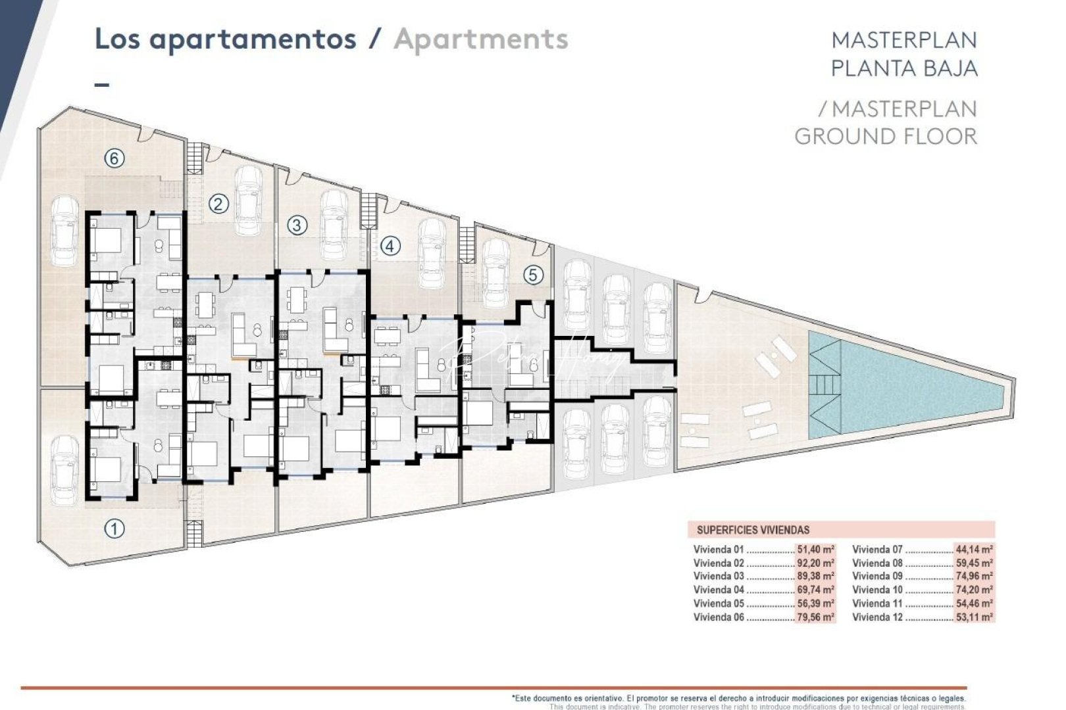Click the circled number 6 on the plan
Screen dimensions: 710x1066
coord(114,158)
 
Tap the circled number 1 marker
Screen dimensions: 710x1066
coord(115,529)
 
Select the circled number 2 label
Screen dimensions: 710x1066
coord(219,204)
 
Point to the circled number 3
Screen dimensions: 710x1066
coord(297,225)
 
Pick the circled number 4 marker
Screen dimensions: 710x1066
coord(390,247)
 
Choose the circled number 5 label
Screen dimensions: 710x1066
coord(534,274)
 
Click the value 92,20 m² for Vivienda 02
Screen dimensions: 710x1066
coord(815,563)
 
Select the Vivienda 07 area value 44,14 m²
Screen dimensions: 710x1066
coord(974,550)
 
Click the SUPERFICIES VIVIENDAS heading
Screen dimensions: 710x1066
coord(753,530)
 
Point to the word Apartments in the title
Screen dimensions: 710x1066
coord(481,39)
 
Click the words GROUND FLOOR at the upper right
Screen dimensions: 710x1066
coord(885,137)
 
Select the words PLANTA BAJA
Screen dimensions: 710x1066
coord(904,68)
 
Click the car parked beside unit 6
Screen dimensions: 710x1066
coord(64,231)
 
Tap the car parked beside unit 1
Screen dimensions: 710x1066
coord(64,471)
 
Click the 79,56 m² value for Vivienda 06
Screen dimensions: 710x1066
coord(815,617)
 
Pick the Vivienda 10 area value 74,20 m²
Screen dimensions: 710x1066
coord(974,590)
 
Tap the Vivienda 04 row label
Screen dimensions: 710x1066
coord(719,590)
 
